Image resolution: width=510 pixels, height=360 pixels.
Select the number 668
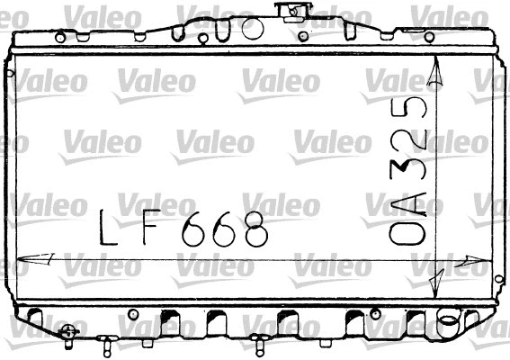coord(225,229)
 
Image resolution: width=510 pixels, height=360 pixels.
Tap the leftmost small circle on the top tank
coord(59,37)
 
